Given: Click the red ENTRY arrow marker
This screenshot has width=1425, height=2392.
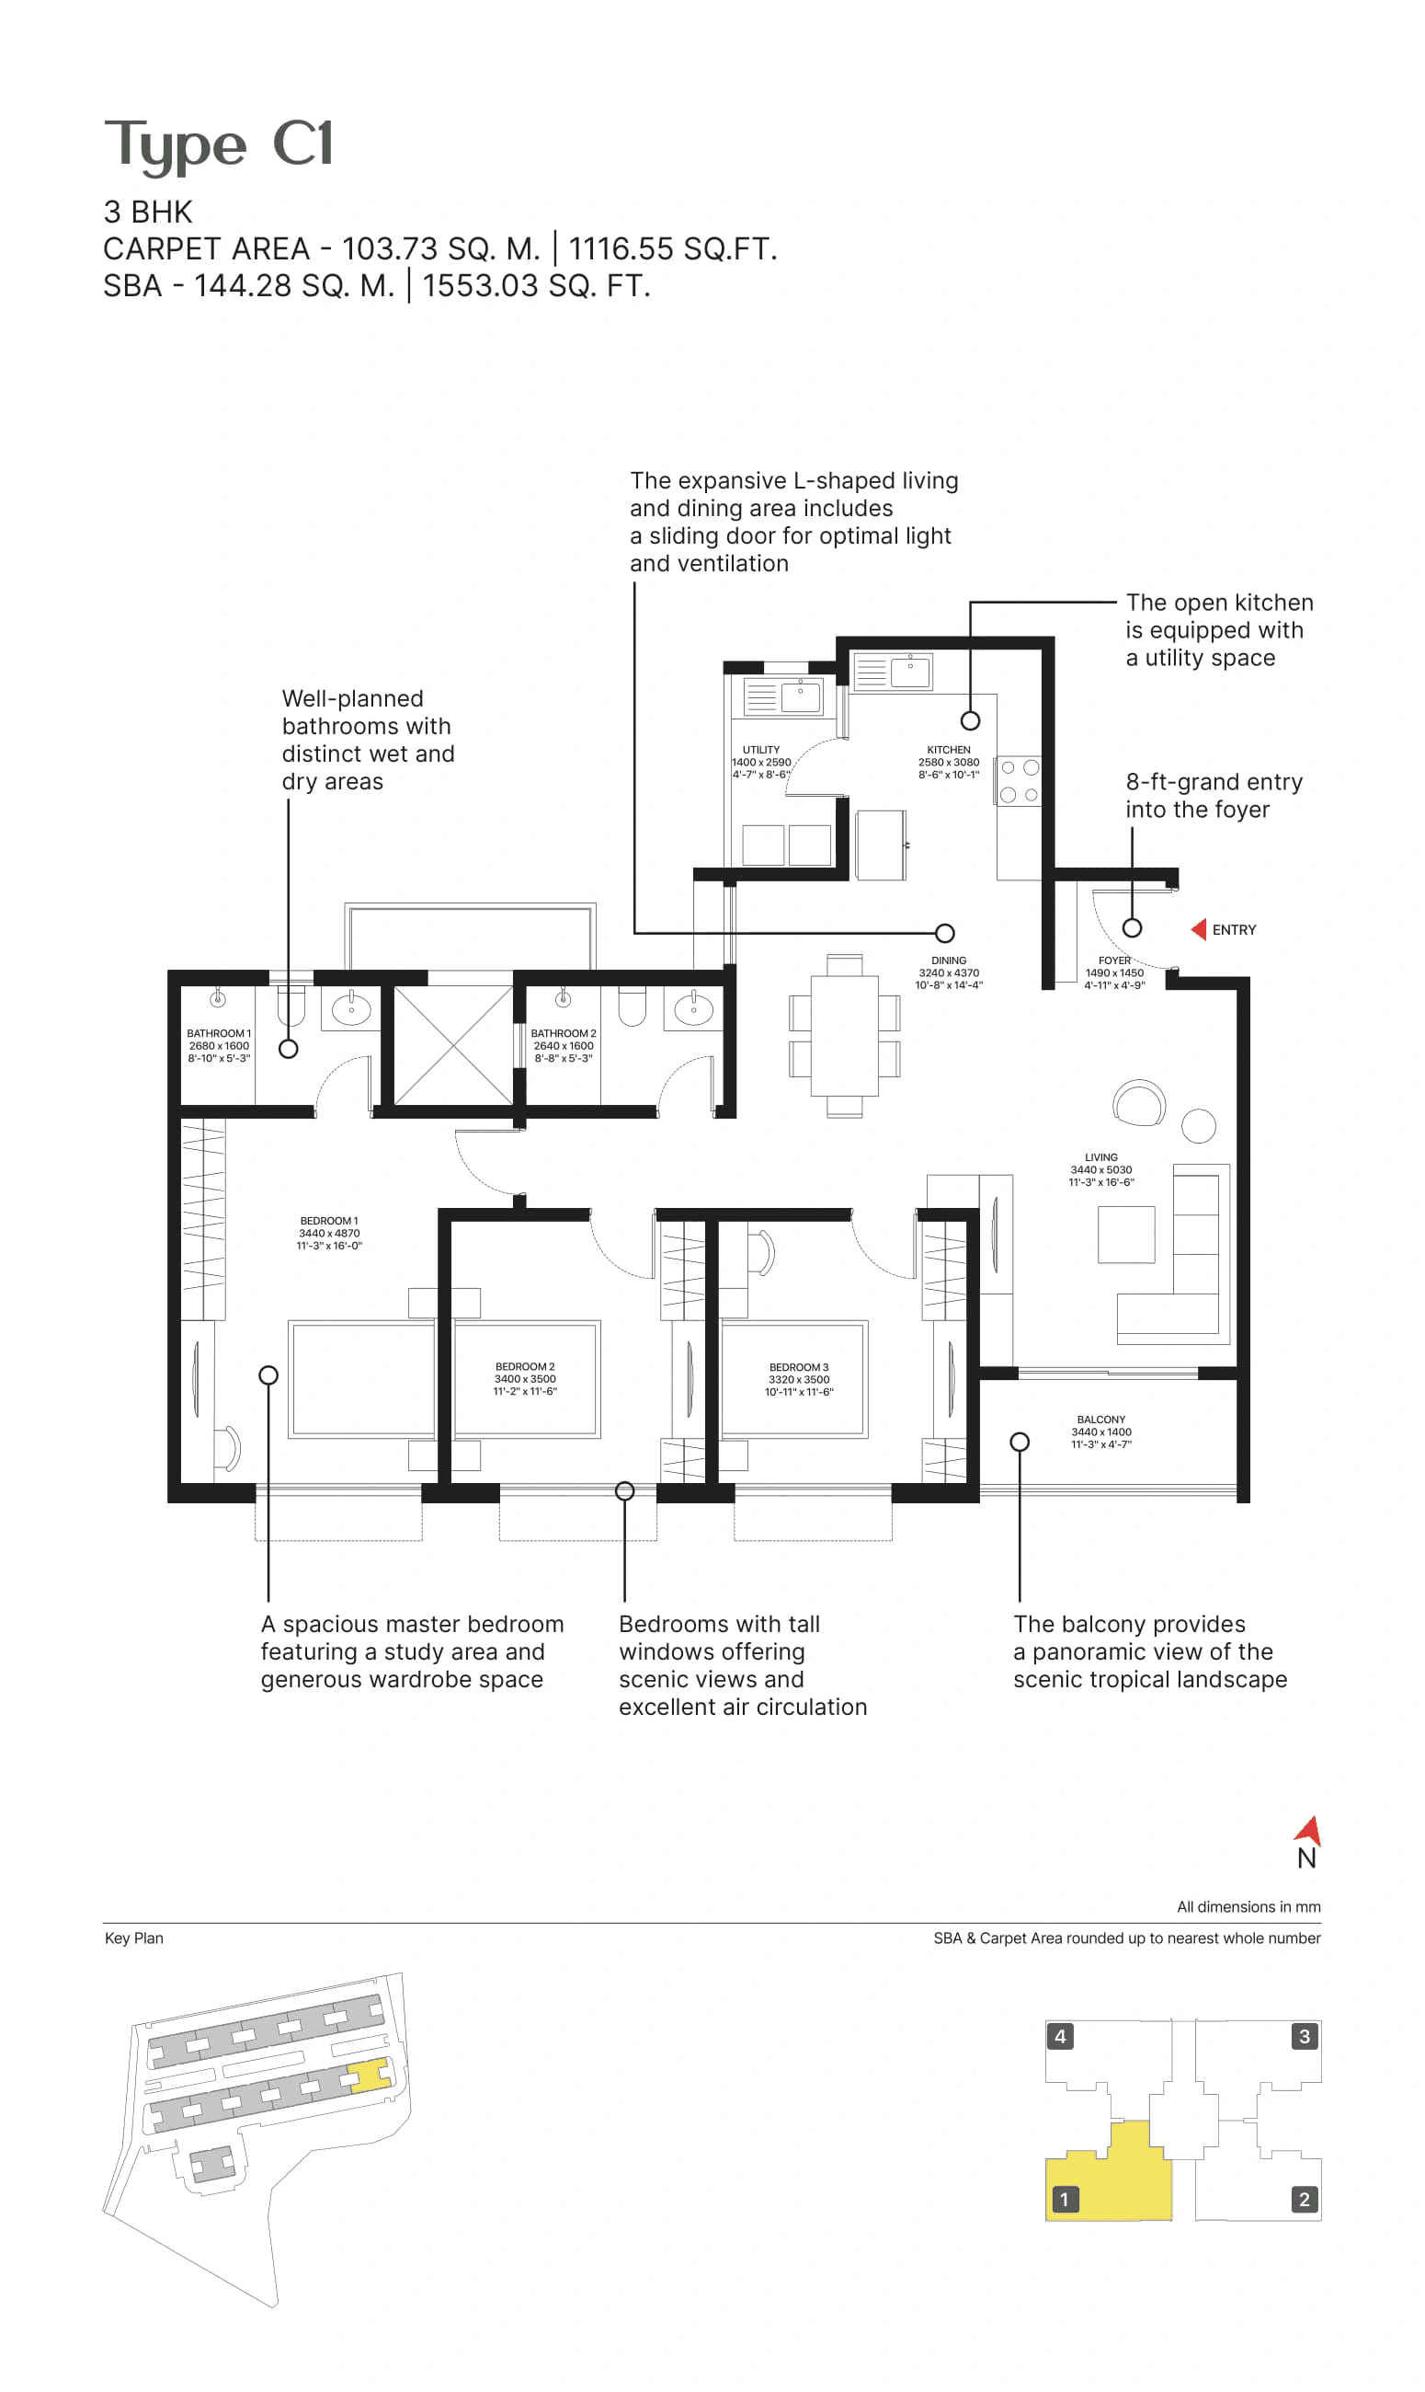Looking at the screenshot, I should [x=1199, y=929].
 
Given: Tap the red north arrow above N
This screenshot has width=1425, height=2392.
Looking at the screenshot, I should [x=1309, y=1831].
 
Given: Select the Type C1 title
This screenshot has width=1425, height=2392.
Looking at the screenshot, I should [x=219, y=144].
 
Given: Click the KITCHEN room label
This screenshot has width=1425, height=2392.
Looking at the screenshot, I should [x=949, y=749].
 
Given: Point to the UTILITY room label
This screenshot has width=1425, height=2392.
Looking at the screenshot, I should [x=761, y=749].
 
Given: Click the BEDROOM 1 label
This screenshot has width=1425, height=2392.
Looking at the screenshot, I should [x=328, y=1221].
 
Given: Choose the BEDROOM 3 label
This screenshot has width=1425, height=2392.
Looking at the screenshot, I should [x=799, y=1367].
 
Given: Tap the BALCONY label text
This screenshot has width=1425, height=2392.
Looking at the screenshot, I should [x=1101, y=1419].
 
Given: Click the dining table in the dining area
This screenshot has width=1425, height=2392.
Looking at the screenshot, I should [x=844, y=1036].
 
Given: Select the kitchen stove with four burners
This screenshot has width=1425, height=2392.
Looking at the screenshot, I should [x=1019, y=781].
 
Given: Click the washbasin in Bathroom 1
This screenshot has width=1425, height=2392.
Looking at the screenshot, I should [x=351, y=1009].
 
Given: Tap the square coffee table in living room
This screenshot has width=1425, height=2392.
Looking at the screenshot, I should [x=1126, y=1235].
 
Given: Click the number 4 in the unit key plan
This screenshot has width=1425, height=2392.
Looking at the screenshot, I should [x=1060, y=2037].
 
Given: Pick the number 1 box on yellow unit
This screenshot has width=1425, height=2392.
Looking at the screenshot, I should [x=1064, y=2199].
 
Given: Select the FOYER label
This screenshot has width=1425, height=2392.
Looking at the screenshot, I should [x=1115, y=960].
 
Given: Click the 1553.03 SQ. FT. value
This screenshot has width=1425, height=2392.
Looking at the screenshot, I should [x=536, y=286].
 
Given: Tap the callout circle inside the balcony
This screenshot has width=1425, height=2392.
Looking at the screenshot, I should [x=1020, y=1442].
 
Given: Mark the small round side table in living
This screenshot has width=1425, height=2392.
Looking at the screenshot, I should [x=1199, y=1126].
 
